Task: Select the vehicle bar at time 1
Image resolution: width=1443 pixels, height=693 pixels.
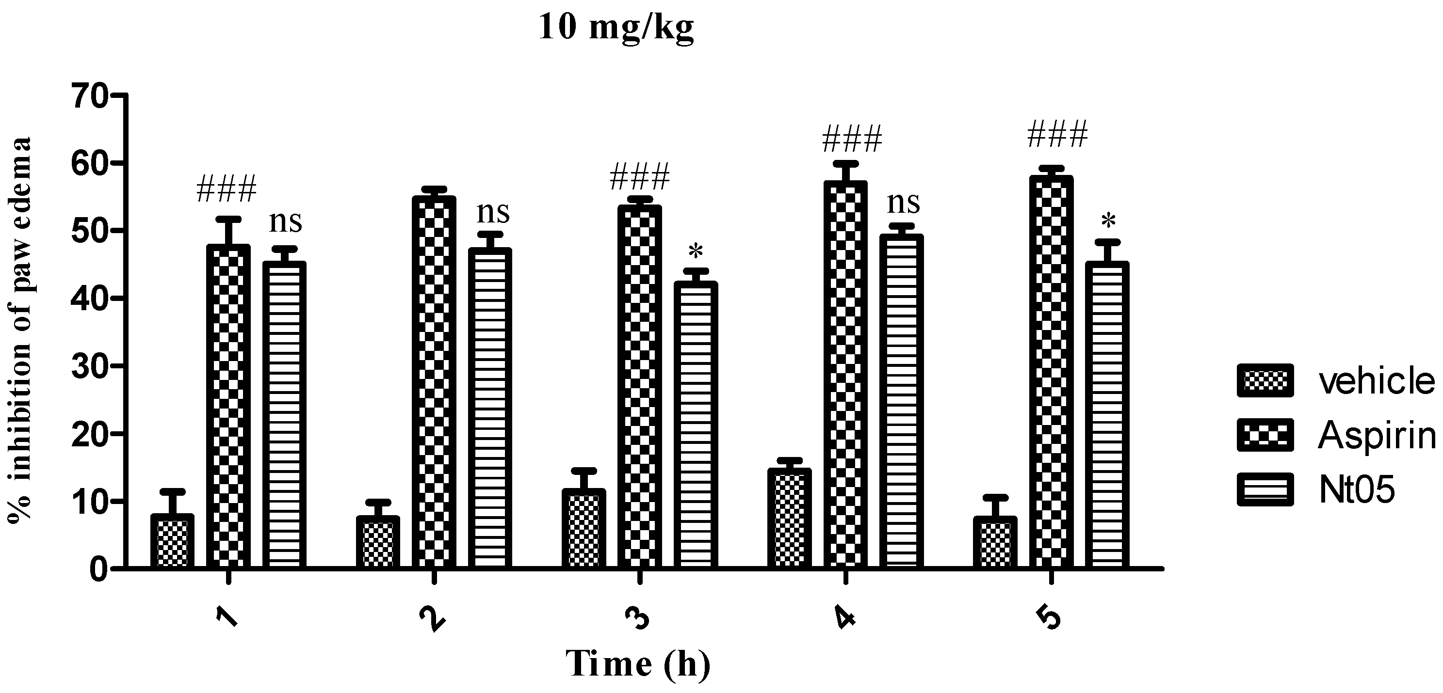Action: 172,541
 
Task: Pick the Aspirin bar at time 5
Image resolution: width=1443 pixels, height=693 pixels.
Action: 1051,372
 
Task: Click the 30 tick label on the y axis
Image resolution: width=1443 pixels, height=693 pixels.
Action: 88,366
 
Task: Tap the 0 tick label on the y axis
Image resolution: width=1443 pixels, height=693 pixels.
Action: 97,569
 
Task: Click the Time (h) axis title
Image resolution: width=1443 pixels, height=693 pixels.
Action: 638,664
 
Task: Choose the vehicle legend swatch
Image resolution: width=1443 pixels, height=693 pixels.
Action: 1265,380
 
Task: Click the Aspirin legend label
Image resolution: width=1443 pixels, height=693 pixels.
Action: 1377,435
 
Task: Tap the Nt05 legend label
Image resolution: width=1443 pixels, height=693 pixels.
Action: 1356,489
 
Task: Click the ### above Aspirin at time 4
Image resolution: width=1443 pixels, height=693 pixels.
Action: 851,139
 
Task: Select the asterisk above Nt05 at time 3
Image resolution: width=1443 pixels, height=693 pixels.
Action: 695,252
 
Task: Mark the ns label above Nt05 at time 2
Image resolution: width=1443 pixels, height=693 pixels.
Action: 493,212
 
